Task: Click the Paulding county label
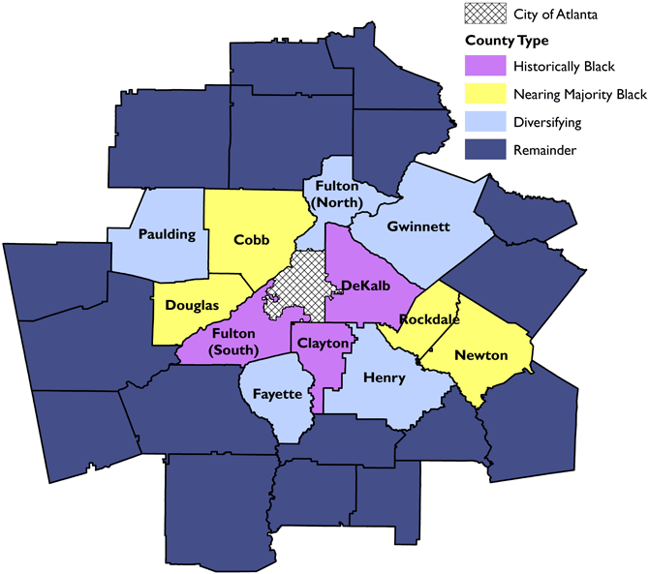pyautogui.click(x=167, y=234)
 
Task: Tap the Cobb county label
pyautogui.click(x=251, y=240)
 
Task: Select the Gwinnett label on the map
pyautogui.click(x=418, y=227)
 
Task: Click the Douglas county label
pyautogui.click(x=192, y=305)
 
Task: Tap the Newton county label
pyautogui.click(x=481, y=355)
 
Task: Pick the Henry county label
pyautogui.click(x=385, y=378)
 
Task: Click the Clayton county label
pyautogui.click(x=323, y=344)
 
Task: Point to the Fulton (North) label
pyautogui.click(x=335, y=195)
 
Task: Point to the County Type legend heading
pyautogui.click(x=507, y=41)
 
